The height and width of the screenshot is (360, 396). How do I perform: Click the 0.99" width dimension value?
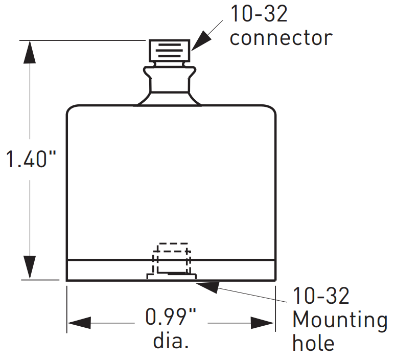pos(171,318)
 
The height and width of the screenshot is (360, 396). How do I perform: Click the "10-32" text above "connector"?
pos(259,14)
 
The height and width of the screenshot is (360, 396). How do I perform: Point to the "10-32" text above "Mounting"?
pos(321,296)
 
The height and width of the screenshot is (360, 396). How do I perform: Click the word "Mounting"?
pos(339,321)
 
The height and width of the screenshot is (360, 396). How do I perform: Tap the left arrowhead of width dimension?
pos(79,323)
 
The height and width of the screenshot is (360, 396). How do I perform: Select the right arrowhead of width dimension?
pos(263,323)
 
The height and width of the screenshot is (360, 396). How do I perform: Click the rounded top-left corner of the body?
pos(72,109)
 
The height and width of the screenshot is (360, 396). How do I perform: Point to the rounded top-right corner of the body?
pos(271,109)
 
